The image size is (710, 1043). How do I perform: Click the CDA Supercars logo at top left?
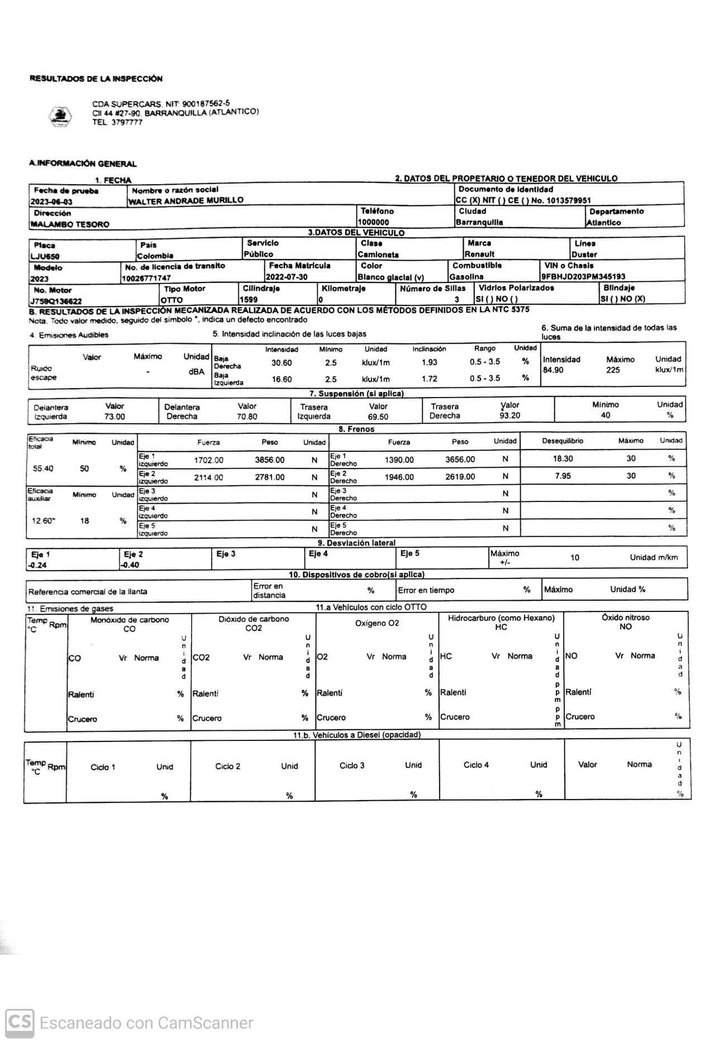pos(60,117)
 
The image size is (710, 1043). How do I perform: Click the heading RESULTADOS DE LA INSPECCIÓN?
pos(96,79)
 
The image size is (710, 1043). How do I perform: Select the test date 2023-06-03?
pos(52,202)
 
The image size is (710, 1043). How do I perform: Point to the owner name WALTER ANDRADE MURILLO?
pos(186,200)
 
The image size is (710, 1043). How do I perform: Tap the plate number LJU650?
pos(45,256)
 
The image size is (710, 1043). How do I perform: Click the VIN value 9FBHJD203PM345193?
pos(583,276)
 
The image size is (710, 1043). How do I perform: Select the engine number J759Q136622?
pos(60,301)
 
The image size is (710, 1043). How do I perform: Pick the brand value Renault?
pos(479,254)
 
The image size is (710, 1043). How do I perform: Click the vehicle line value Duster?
pos(584,255)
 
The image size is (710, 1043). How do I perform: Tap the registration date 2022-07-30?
pos(287,277)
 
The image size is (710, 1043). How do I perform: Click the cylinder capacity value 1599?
pos(249,300)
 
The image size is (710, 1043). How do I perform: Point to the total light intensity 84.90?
pos(553,370)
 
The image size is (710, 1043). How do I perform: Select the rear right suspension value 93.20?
pos(509,415)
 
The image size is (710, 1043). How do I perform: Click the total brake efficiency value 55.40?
pos(43,468)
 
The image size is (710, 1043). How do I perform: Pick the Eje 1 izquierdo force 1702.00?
pos(208,460)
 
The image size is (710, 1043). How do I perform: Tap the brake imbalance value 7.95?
pos(563,476)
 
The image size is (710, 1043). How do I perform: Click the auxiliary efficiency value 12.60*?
pos(44,521)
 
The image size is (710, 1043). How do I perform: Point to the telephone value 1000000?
pos(374,222)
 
